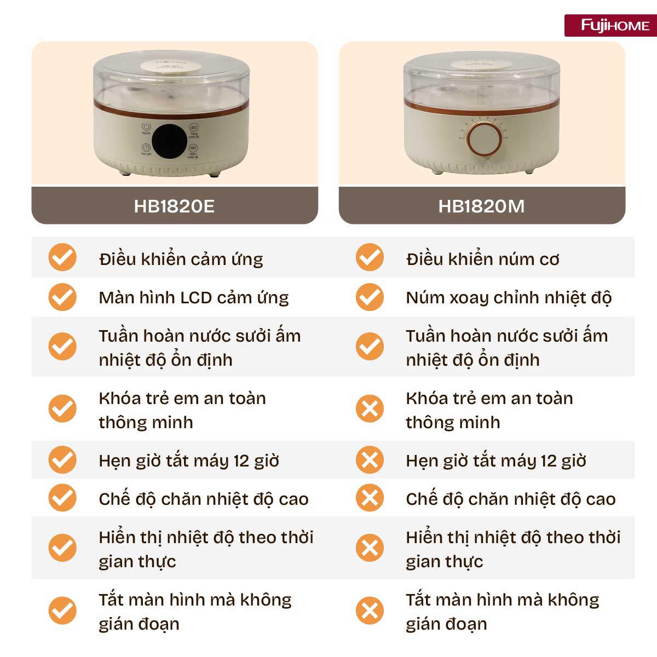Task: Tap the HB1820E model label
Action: pos(174,206)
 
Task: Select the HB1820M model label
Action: pos(481,206)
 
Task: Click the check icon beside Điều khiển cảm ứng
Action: pos(62,257)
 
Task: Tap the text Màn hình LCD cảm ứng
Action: pos(194,297)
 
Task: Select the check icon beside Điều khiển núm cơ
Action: pos(370,257)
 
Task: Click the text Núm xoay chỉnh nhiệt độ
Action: pos(509,297)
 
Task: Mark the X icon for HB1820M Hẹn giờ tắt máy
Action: pos(370,460)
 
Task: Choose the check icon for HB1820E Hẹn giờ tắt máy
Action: pos(62,460)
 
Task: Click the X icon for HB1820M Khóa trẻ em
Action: pos(370,409)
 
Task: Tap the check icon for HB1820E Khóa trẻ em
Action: pos(62,409)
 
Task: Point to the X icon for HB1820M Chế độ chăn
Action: pos(370,498)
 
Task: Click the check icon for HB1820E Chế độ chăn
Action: pos(62,498)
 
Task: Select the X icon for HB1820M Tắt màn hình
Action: pos(370,610)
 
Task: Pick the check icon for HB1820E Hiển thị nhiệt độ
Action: pos(62,548)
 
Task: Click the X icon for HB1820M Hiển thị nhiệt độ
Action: pos(370,548)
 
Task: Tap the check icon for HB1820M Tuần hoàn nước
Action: pos(370,347)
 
